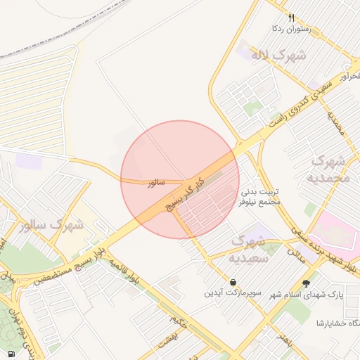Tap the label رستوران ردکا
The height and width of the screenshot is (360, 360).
pyautogui.click(x=291, y=30)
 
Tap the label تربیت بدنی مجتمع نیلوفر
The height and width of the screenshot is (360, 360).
pyautogui.click(x=261, y=196)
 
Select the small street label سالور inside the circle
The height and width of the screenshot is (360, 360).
pyautogui.click(x=155, y=183)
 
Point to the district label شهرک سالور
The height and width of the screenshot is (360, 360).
pyautogui.click(x=52, y=226)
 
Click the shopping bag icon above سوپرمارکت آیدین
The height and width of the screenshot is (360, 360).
pyautogui.click(x=233, y=282)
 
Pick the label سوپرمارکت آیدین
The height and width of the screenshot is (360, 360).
pyautogui.click(x=233, y=292)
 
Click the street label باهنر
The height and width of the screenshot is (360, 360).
pyautogui.click(x=284, y=340)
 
